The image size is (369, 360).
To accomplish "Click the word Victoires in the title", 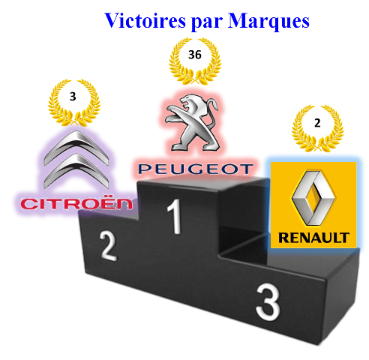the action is (x=145, y=20).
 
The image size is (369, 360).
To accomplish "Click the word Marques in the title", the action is (x=268, y=20).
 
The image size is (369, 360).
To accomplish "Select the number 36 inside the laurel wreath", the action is (x=195, y=55).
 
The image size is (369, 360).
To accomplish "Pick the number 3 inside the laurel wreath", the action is (x=73, y=97).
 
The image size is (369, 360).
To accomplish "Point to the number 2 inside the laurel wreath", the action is (x=317, y=123).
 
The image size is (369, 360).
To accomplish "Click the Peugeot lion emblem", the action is (x=193, y=122).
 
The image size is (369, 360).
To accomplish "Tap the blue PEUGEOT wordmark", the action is (x=196, y=169).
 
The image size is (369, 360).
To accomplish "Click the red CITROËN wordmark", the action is (x=76, y=204).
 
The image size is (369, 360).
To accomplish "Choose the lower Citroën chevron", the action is (x=76, y=170).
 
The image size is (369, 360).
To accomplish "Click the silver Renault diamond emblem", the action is (x=313, y=198).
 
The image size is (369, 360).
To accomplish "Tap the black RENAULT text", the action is (x=313, y=238).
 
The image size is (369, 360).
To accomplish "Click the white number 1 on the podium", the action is (x=175, y=217).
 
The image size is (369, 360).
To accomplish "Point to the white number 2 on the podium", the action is (x=108, y=246).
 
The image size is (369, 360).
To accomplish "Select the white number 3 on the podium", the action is (x=268, y=301).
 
